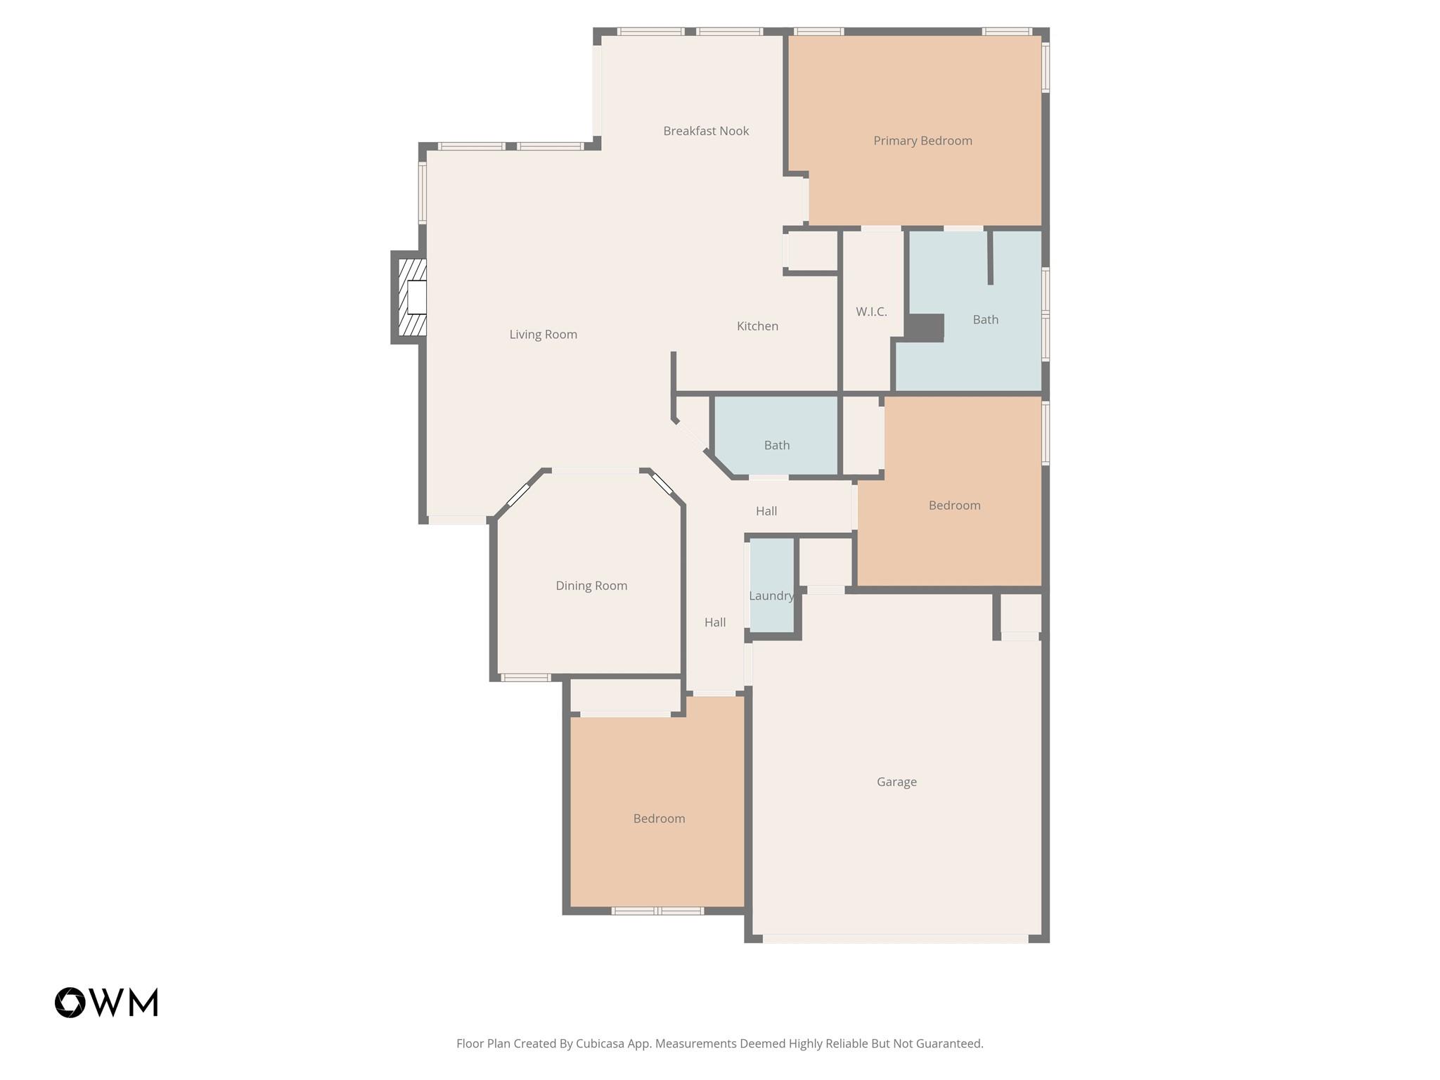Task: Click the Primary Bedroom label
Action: click(922, 141)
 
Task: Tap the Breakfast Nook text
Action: click(706, 131)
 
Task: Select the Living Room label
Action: click(543, 335)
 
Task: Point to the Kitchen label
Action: click(757, 326)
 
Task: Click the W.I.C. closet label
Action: click(871, 311)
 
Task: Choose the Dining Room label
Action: click(591, 586)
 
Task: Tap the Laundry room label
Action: click(771, 596)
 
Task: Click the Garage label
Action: click(896, 782)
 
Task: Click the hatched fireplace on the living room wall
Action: click(412, 297)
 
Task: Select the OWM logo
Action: click(106, 1002)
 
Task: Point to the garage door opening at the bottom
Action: click(895, 938)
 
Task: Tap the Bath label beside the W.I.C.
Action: click(985, 320)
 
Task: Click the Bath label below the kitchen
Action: click(777, 445)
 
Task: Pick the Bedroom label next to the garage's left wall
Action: click(659, 818)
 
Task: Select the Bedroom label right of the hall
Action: click(954, 506)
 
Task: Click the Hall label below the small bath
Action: click(766, 511)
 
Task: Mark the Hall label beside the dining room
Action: click(715, 622)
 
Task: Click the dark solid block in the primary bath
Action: click(924, 328)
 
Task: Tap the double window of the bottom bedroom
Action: click(657, 911)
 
